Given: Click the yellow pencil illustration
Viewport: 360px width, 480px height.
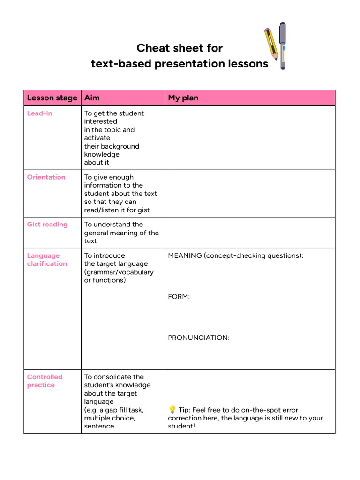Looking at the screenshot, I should [x=270, y=45].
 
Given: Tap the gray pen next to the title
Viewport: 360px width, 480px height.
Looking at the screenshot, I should [x=282, y=45].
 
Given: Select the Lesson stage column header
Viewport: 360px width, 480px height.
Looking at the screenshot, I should [x=52, y=98].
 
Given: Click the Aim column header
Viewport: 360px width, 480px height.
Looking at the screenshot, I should [x=92, y=98].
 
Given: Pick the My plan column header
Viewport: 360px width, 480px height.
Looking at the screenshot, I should [x=183, y=98].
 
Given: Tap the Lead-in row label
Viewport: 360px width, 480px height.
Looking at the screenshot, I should [x=39, y=113].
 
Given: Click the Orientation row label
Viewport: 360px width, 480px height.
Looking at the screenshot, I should [x=46, y=177].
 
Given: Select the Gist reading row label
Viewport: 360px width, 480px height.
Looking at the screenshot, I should [x=47, y=225].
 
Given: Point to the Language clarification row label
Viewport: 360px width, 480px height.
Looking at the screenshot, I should [x=47, y=260].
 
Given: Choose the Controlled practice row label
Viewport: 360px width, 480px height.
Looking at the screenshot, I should [x=45, y=381].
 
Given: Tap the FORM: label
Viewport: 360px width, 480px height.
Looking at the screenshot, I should [x=179, y=297].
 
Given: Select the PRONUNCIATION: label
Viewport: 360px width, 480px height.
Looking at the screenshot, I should [x=199, y=337].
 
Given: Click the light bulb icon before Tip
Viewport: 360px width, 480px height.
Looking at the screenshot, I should [x=172, y=410].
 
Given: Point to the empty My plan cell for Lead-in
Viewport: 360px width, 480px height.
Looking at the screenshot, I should [x=250, y=138].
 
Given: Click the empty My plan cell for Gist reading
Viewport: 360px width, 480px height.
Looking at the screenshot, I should [x=250, y=232].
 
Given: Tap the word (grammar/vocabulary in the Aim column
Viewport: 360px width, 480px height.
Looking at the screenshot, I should [x=119, y=272].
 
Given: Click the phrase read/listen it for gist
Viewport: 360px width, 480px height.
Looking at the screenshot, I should [x=117, y=210].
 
